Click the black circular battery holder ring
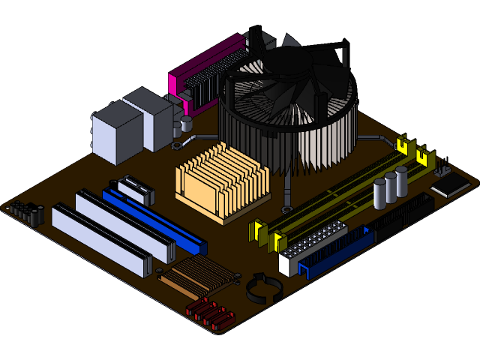click(262, 288)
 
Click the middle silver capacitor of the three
click(391, 187)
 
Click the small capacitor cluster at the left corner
click(27, 213)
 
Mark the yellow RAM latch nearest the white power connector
click(275, 240)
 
